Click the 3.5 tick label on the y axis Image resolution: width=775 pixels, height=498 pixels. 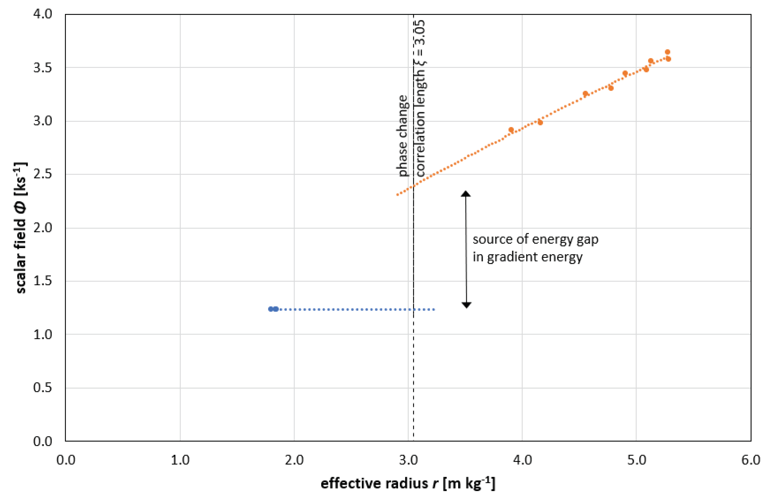[x=42, y=68]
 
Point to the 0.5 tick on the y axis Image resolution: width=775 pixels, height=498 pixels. [x=42, y=387]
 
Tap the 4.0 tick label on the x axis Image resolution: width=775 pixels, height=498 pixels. [x=522, y=460]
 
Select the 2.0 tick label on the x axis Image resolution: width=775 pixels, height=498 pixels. [x=294, y=460]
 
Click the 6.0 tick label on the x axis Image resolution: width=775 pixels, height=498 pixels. [x=750, y=460]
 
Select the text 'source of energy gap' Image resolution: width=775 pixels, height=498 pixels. [x=535, y=240]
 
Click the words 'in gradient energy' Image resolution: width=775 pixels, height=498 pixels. [x=527, y=257]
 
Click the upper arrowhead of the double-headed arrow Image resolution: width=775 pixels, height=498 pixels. [x=466, y=193]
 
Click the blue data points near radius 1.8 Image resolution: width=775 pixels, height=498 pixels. [x=273, y=309]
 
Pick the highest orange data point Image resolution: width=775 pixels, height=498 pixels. [x=667, y=52]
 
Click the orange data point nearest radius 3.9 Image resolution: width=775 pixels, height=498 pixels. [x=511, y=130]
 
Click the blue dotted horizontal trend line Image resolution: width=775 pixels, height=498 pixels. [x=356, y=309]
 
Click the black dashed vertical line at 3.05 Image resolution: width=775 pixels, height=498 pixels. [x=413, y=356]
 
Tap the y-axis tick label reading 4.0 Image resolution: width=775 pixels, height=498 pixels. [x=42, y=14]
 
